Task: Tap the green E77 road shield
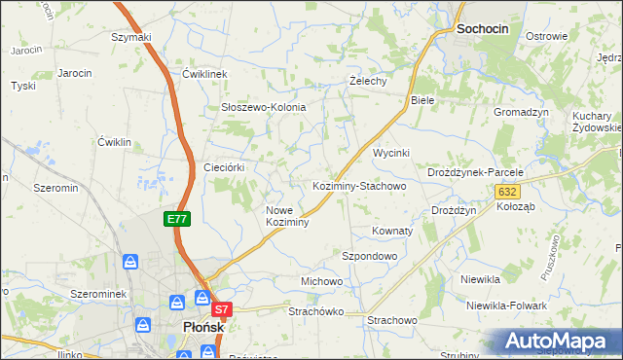click(x=176, y=220)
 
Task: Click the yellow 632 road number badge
click(x=506, y=193)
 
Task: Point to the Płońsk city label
click(x=203, y=328)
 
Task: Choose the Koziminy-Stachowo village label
click(x=358, y=185)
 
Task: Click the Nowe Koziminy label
click(x=287, y=216)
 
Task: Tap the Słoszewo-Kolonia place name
click(x=264, y=107)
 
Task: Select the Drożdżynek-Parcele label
click(x=476, y=172)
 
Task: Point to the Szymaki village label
click(x=131, y=37)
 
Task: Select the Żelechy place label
click(x=369, y=81)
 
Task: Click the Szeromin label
click(x=55, y=187)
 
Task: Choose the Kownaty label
click(x=392, y=232)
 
